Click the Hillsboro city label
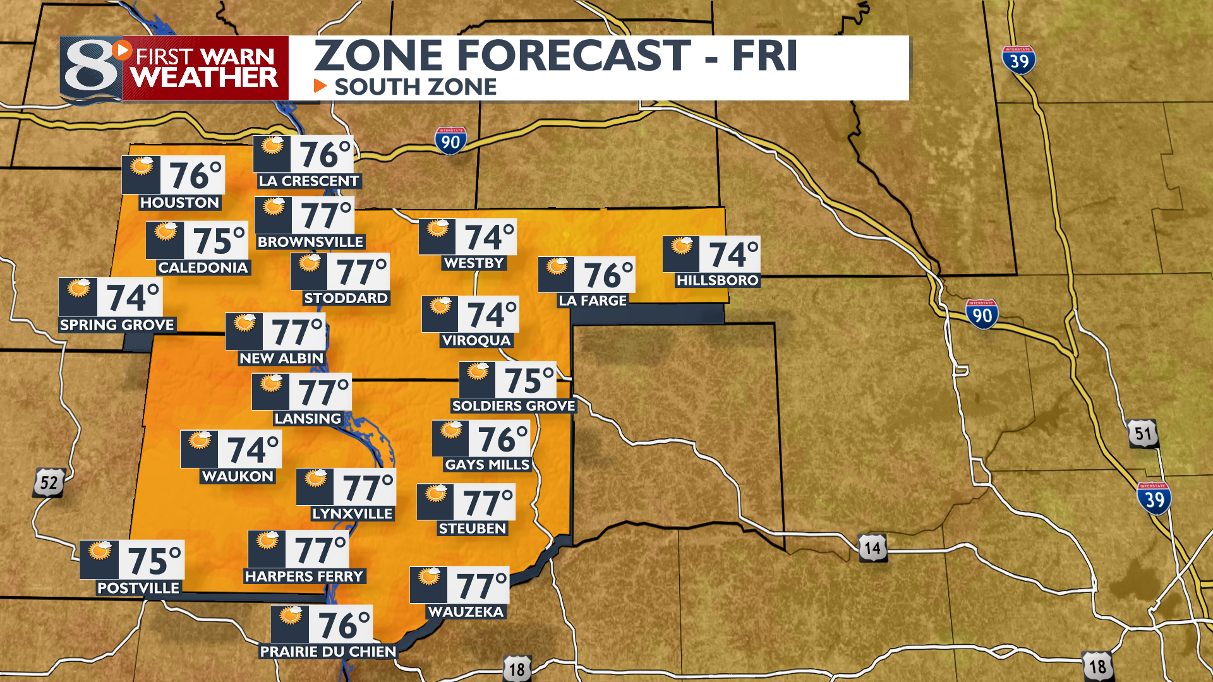pyautogui.click(x=717, y=280)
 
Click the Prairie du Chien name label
pyautogui.click(x=328, y=652)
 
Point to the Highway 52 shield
pyautogui.click(x=49, y=483)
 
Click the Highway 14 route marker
pyautogui.click(x=872, y=548)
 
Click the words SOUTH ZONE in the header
pyautogui.click(x=415, y=87)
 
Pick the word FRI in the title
pyautogui.click(x=764, y=56)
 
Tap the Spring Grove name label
pyautogui.click(x=117, y=325)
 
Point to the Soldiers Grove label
pyautogui.click(x=514, y=406)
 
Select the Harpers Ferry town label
pyautogui.click(x=305, y=577)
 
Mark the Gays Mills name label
pyautogui.click(x=487, y=465)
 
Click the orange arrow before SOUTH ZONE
pyautogui.click(x=320, y=86)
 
